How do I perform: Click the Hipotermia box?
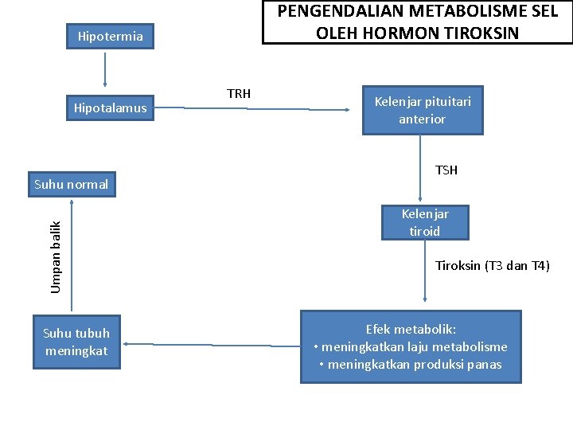coord(111,36)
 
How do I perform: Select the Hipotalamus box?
coord(111,108)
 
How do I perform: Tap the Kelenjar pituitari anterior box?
coord(423,110)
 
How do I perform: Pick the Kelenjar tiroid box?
coord(425,223)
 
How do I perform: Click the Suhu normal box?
coord(72,185)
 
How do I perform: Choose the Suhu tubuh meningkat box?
coord(76,342)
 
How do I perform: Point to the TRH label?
coord(239,94)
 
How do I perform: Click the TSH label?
coord(446,170)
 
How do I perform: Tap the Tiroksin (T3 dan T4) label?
coord(493,266)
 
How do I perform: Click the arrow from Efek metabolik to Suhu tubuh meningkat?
coord(211,345)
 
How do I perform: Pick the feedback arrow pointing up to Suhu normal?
coord(72,255)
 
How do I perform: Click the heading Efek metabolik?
coord(411,329)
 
